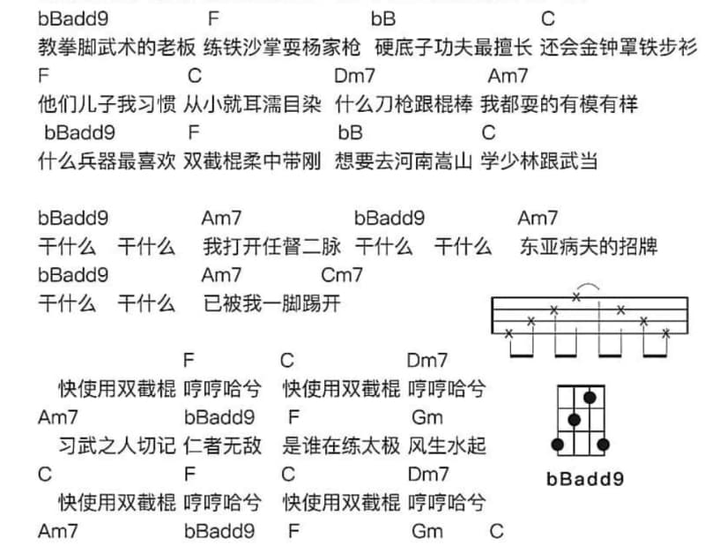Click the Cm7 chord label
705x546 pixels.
point(342,275)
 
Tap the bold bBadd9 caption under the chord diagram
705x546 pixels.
point(585,479)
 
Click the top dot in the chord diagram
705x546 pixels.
point(590,398)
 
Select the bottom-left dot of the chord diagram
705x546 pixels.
point(558,445)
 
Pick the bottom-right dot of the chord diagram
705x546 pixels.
point(603,445)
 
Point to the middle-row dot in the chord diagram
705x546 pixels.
point(574,420)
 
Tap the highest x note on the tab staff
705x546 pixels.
point(576,296)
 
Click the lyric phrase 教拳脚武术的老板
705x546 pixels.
point(117,48)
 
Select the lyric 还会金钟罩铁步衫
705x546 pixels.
point(619,48)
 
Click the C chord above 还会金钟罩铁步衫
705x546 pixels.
point(548,19)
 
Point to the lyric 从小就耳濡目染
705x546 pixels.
point(252,104)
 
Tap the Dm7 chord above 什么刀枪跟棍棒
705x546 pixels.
point(354,76)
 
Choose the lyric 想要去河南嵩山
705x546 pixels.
point(404,161)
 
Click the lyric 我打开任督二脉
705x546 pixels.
point(271,246)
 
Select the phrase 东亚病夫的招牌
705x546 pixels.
point(589,246)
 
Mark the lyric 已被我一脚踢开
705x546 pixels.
point(271,303)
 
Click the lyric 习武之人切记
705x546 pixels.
point(117,445)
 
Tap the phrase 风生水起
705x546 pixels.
point(447,445)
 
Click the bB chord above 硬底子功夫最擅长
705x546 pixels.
point(383,19)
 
